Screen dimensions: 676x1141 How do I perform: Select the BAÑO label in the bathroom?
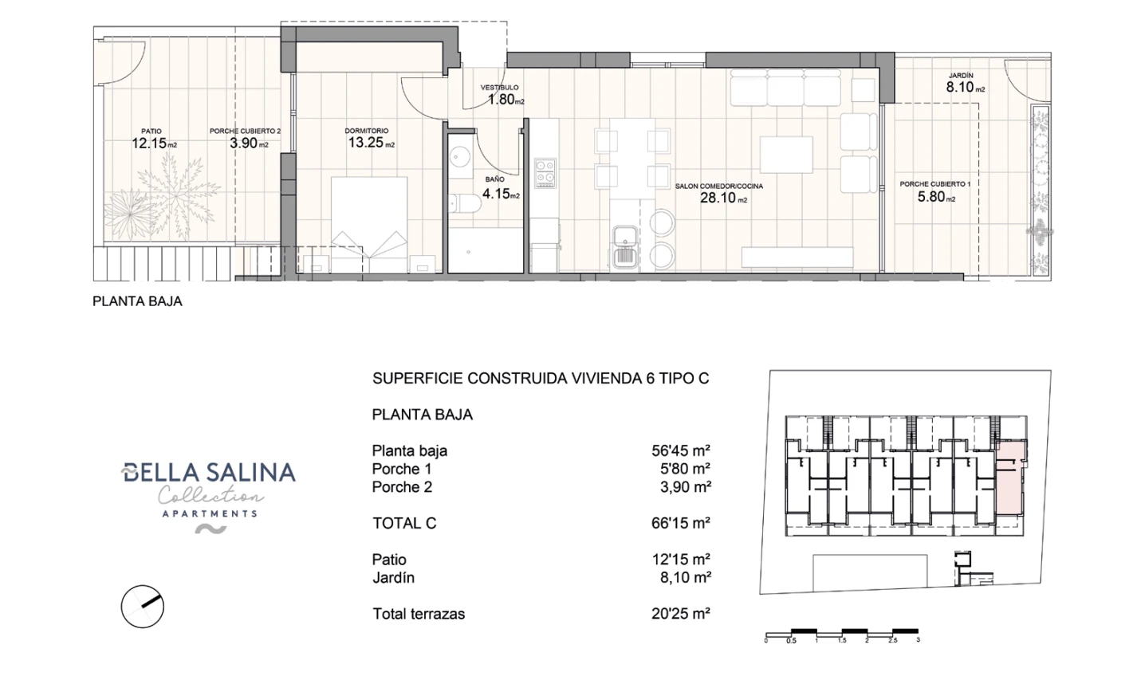pyautogui.click(x=494, y=180)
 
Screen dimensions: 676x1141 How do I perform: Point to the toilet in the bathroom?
pyautogui.click(x=463, y=204)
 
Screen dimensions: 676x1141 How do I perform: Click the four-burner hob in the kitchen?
pyautogui.click(x=545, y=173)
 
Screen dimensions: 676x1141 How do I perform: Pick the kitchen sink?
pyautogui.click(x=624, y=245)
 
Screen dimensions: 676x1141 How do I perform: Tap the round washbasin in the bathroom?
pyautogui.click(x=459, y=155)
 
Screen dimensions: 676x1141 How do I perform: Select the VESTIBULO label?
pyautogui.click(x=499, y=88)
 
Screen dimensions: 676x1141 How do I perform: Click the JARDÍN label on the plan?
pyautogui.click(x=960, y=77)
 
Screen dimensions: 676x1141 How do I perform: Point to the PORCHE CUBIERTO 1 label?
pyautogui.click(x=934, y=184)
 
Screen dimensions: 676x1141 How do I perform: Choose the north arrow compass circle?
pyautogui.click(x=142, y=607)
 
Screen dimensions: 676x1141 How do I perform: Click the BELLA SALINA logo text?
pyautogui.click(x=209, y=473)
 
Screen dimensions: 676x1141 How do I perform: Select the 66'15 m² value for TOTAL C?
pyautogui.click(x=680, y=524)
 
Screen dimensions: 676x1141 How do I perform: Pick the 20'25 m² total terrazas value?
pyautogui.click(x=680, y=614)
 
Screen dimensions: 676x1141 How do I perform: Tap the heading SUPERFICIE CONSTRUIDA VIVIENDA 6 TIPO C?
pyautogui.click(x=540, y=379)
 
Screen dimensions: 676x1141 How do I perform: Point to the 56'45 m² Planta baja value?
pyautogui.click(x=680, y=451)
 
